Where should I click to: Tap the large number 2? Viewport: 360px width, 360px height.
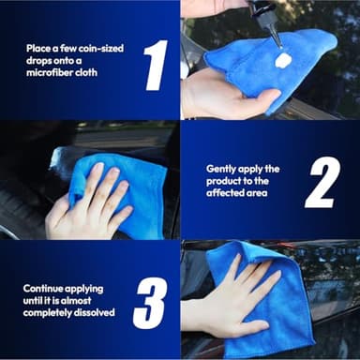321,182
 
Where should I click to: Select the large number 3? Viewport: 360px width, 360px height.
150,302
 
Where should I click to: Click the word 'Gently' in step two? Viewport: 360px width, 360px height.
221,169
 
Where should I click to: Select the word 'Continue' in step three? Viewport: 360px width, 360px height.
46,289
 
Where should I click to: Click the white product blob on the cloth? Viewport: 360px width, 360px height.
282,59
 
